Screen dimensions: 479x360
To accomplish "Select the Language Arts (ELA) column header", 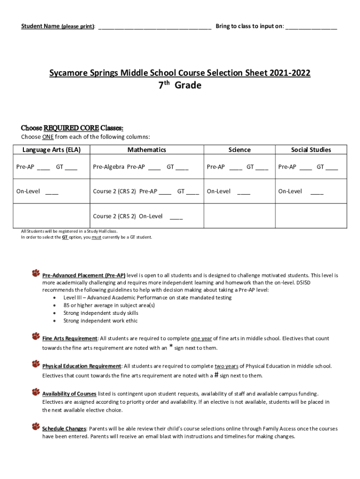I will (51, 150).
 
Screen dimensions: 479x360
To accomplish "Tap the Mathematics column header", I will (147, 150).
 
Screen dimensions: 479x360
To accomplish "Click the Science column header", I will (239, 150).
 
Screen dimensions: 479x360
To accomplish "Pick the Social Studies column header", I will (311, 150).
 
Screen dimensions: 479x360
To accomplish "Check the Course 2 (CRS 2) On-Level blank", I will (176, 217).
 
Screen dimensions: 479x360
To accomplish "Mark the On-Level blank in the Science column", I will (244, 192).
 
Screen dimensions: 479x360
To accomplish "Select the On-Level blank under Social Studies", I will (317, 192).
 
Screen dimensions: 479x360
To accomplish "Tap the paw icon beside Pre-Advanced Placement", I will (36, 273).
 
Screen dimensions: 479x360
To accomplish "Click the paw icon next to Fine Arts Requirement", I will (36, 335).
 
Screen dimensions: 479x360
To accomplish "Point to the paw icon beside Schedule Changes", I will (36, 426).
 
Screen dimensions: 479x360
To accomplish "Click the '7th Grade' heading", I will (180, 86).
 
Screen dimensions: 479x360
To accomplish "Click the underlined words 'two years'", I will (226, 366).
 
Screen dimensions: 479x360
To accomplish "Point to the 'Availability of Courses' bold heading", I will (69, 394).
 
